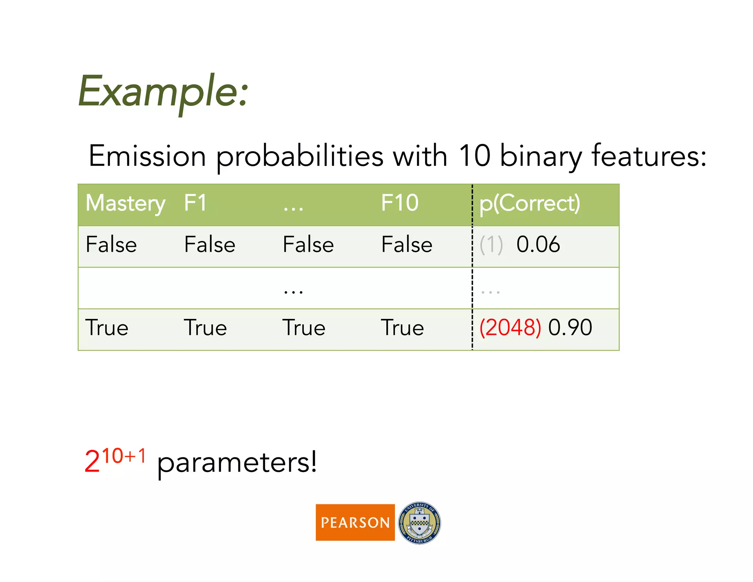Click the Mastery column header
coord(125,203)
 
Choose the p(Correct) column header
coord(529,203)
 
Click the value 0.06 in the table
coord(538,245)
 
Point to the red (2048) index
coord(510,327)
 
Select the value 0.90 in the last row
coord(570,327)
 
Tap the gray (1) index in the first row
coord(491,245)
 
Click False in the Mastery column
coord(111,245)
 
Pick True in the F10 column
coord(402,328)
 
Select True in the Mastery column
coord(107,328)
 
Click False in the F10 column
coord(407,245)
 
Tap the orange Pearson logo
coord(355,522)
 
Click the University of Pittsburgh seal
coord(420,523)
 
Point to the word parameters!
coord(237,463)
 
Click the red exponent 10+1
coord(124,456)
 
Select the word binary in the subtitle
coord(540,156)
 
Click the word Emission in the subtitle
coord(147,156)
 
